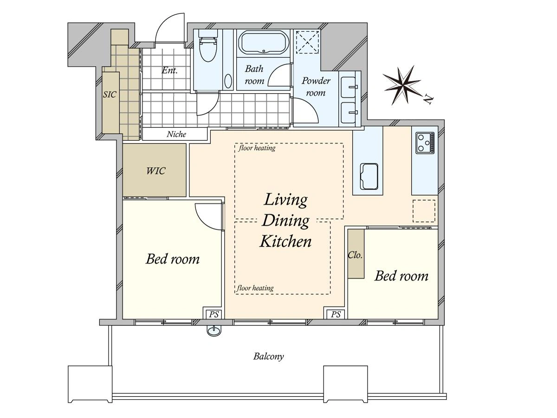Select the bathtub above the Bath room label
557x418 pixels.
pyautogui.click(x=264, y=43)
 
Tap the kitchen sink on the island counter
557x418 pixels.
pyautogui.click(x=369, y=176)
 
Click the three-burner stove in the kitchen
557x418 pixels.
pyautogui.click(x=425, y=143)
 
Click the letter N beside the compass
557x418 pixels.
pyautogui.click(x=428, y=99)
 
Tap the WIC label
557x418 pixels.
pyautogui.click(x=155, y=171)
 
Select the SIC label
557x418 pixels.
pyautogui.click(x=110, y=94)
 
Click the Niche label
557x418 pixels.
pyautogui.click(x=176, y=134)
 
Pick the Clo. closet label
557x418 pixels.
pyautogui.click(x=355, y=255)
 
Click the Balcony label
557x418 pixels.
pyautogui.click(x=268, y=357)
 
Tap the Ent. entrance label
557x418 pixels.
pyautogui.click(x=169, y=70)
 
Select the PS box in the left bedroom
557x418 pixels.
pyautogui.click(x=214, y=314)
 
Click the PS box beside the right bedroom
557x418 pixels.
pyautogui.click(x=336, y=314)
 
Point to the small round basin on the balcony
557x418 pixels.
pyautogui.click(x=214, y=331)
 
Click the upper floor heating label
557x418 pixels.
pyautogui.click(x=257, y=148)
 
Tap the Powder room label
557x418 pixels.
pyautogui.click(x=316, y=87)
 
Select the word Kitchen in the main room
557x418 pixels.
pyautogui.click(x=285, y=241)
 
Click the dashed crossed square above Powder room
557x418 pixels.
pyautogui.click(x=308, y=42)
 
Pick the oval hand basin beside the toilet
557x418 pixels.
pyautogui.click(x=228, y=81)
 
